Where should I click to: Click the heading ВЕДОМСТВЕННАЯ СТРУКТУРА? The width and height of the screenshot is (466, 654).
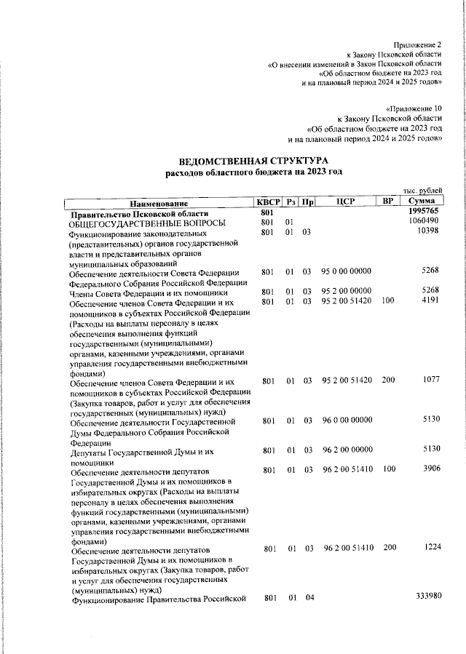pyautogui.click(x=254, y=160)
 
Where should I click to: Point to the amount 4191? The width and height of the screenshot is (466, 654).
pyautogui.click(x=429, y=300)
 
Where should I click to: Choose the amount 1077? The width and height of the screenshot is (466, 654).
pyautogui.click(x=429, y=380)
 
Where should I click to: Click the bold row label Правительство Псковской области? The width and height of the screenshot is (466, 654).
pyautogui.click(x=138, y=213)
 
